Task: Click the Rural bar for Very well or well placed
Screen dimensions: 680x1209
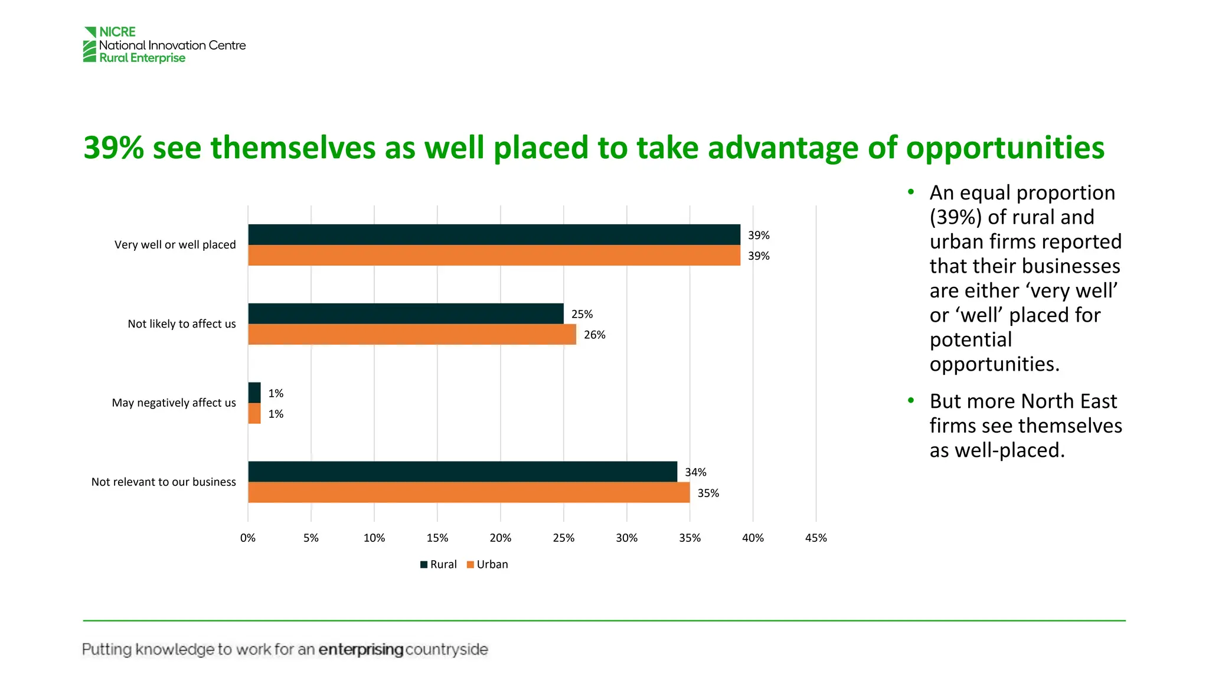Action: click(494, 234)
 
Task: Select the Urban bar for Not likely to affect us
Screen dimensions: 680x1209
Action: click(411, 334)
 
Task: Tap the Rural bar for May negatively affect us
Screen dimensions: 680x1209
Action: click(254, 393)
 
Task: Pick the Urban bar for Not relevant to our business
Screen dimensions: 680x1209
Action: click(469, 492)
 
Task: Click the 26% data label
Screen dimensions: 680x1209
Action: click(594, 335)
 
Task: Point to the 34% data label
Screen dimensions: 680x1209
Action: click(695, 472)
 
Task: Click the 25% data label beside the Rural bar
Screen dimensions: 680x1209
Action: click(582, 314)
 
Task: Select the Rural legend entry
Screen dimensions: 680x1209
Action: click(439, 564)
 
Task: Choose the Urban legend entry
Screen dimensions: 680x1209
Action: click(488, 564)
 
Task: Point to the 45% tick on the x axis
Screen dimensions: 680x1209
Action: click(816, 538)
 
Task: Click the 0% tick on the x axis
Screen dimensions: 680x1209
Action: click(248, 538)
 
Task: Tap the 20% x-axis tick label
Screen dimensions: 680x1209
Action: click(500, 538)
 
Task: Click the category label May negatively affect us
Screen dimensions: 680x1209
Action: click(174, 403)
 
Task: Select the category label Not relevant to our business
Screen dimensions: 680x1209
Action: click(164, 482)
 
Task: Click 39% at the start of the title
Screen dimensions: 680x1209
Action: click(113, 148)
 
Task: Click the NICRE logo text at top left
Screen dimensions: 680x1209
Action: click(117, 32)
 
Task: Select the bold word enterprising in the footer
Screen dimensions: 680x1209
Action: click(361, 649)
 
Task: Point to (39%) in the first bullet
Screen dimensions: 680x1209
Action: click(956, 217)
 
